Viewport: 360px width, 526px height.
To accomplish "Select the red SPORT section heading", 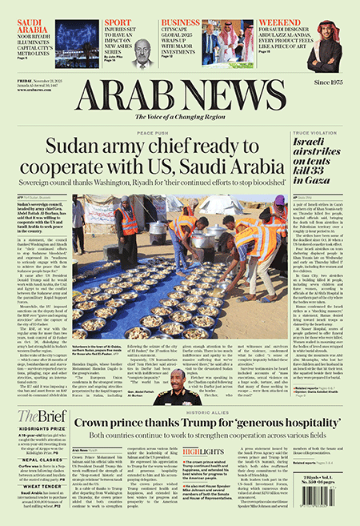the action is click(118, 22).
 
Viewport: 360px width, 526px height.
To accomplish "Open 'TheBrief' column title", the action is click(38, 416).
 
